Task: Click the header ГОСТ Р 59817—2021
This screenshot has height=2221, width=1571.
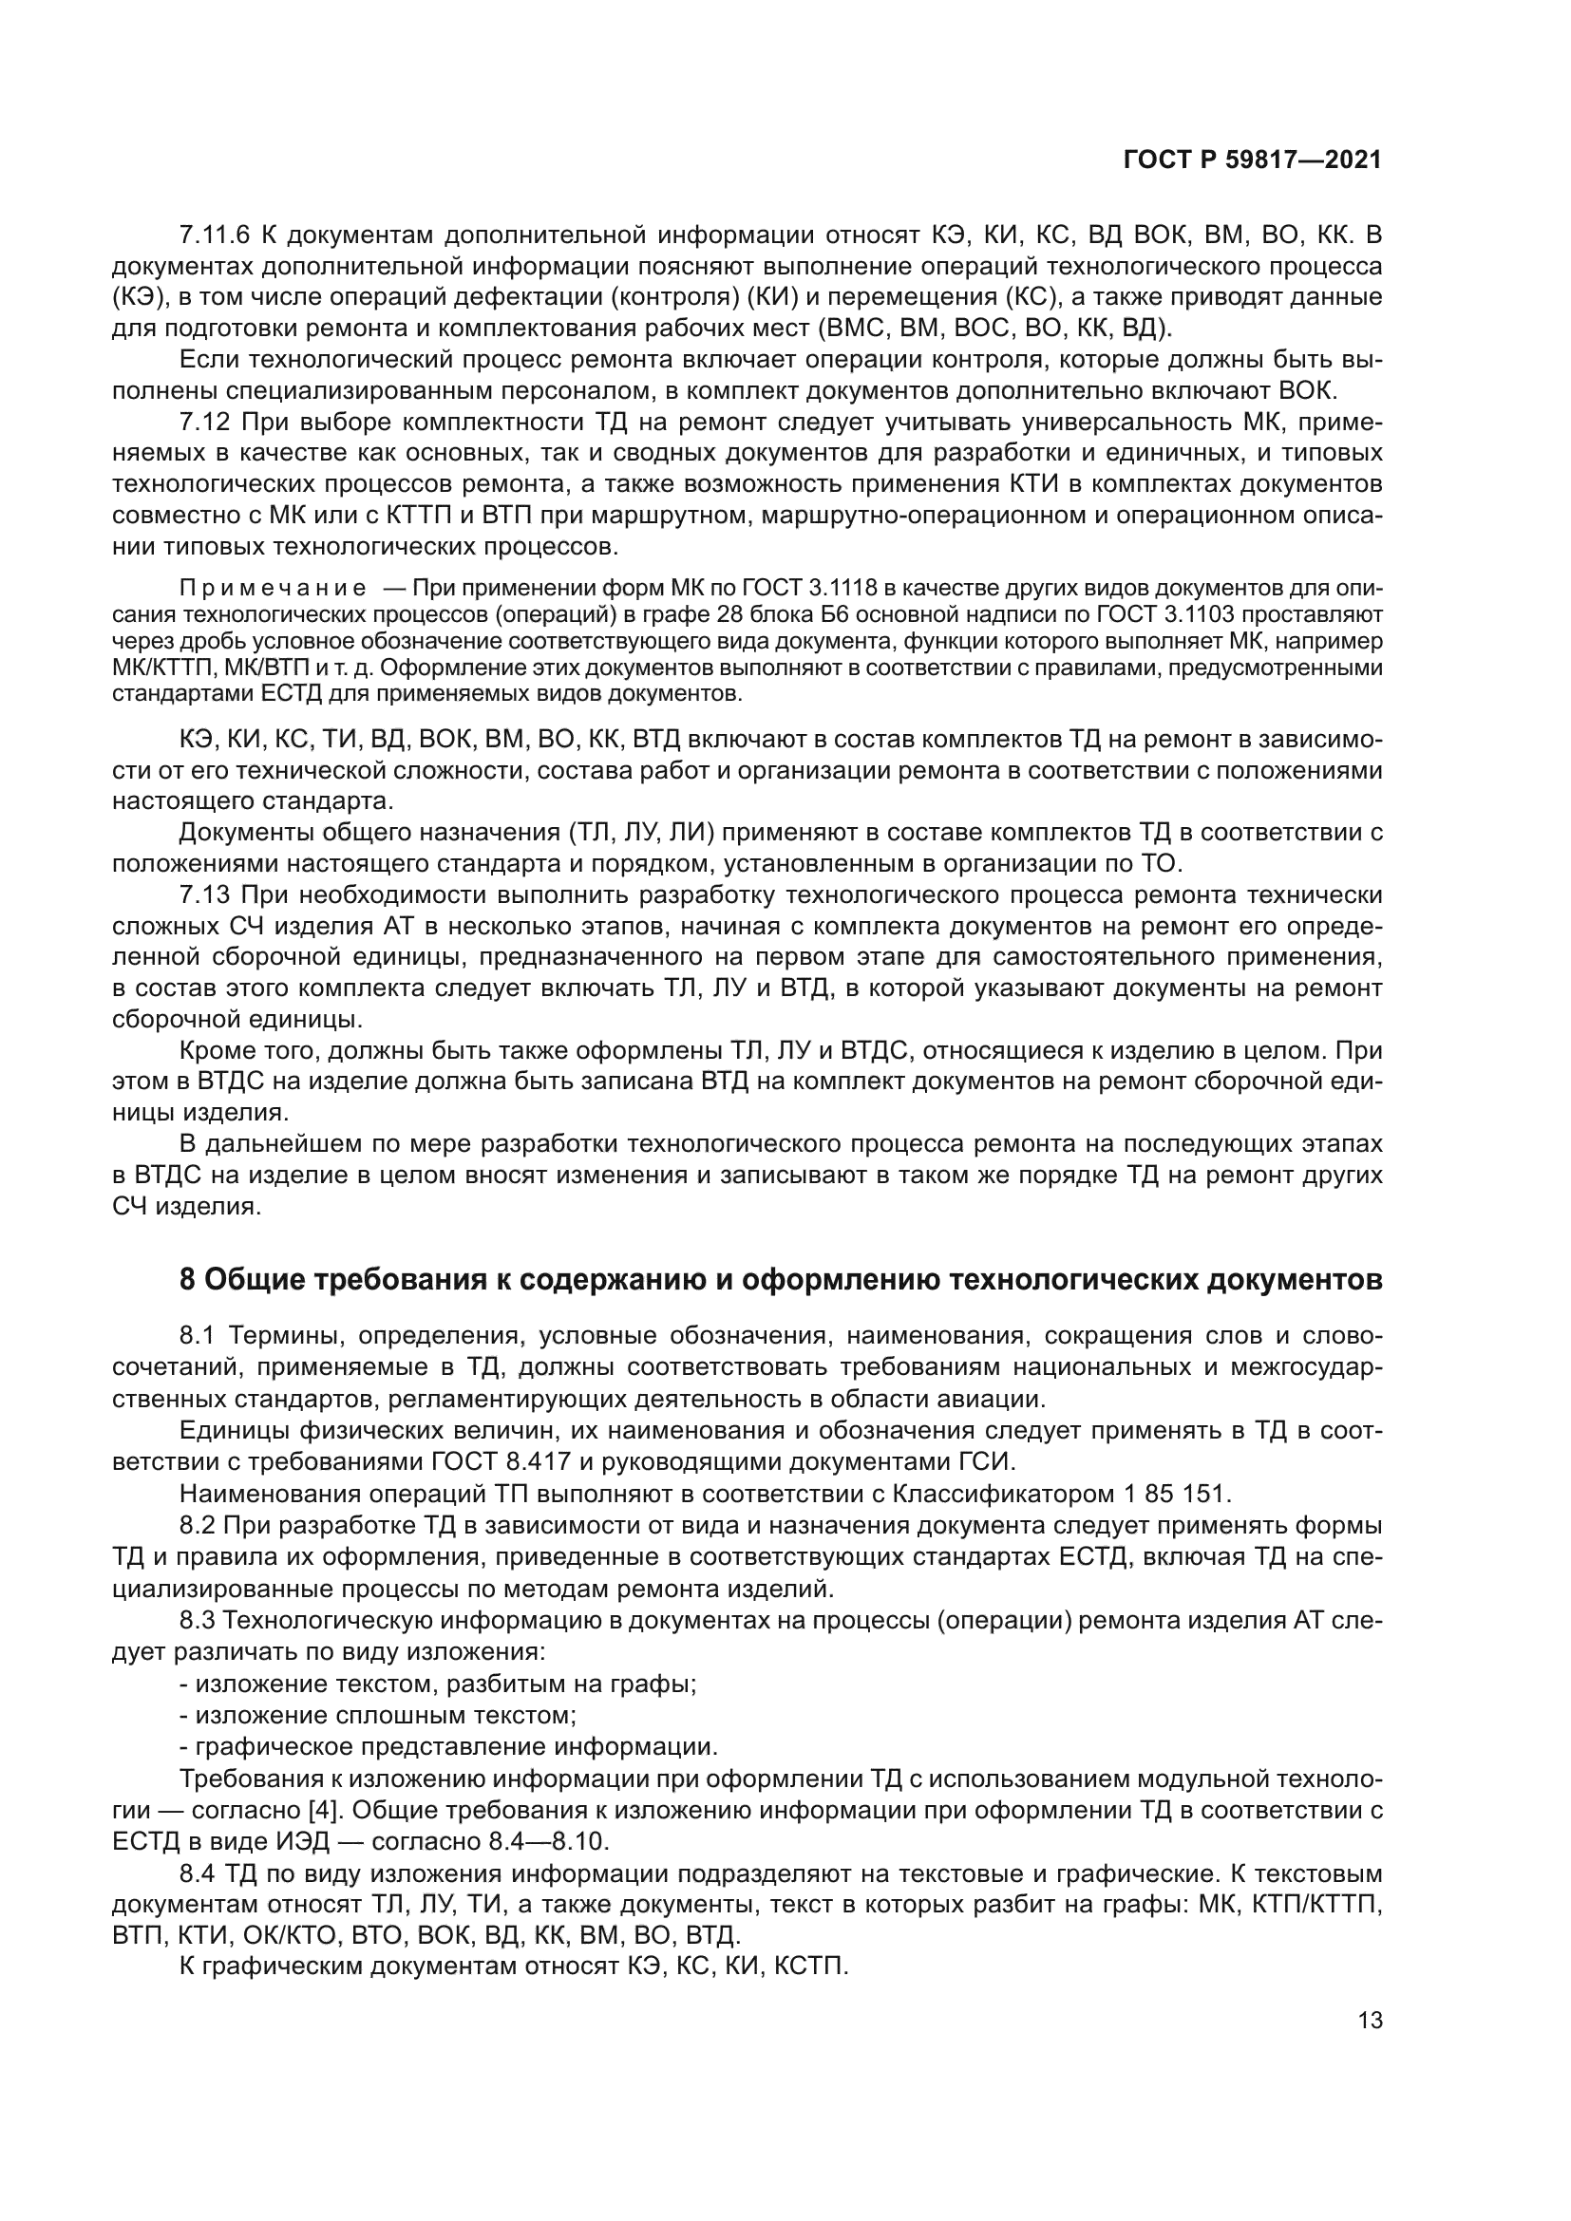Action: tap(1252, 160)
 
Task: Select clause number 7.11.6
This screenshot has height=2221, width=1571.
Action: tap(215, 235)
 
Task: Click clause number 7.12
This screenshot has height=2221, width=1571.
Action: tap(203, 423)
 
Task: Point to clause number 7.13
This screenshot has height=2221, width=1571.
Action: tap(203, 894)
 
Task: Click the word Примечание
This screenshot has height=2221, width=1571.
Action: tap(274, 589)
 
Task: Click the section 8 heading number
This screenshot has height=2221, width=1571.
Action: tap(189, 1280)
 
